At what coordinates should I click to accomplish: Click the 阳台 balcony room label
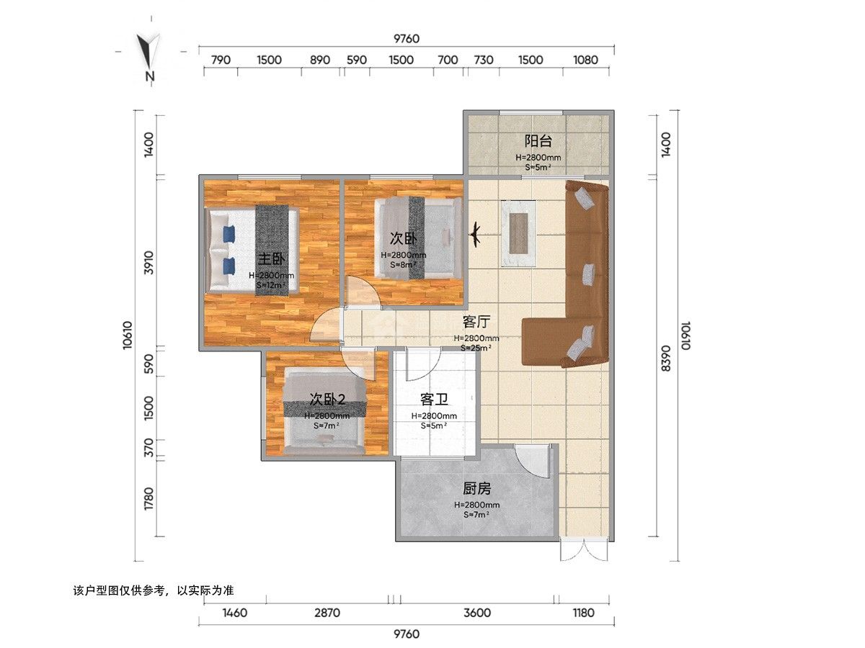pyautogui.click(x=538, y=141)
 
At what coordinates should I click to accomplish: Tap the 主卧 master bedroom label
pyautogui.click(x=272, y=259)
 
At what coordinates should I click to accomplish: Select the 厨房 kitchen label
pyautogui.click(x=476, y=489)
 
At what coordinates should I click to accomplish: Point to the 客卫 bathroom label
pyautogui.click(x=434, y=400)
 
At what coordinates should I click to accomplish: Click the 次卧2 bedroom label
pyautogui.click(x=327, y=400)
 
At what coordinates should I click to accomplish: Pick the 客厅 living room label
pyautogui.click(x=476, y=322)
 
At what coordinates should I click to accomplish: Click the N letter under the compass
pyautogui.click(x=149, y=76)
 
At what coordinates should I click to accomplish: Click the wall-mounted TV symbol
pyautogui.click(x=475, y=235)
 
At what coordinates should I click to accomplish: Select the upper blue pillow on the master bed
pyautogui.click(x=229, y=234)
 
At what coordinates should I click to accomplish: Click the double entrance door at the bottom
pyautogui.click(x=585, y=549)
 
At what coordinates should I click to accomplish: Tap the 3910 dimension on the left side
pyautogui.click(x=148, y=263)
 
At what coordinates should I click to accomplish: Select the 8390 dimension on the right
pyautogui.click(x=665, y=358)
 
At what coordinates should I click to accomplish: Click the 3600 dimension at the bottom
pyautogui.click(x=477, y=613)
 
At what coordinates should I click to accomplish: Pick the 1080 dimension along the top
pyautogui.click(x=585, y=60)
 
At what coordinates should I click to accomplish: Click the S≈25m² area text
pyautogui.click(x=476, y=348)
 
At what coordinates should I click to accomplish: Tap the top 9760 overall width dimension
pyautogui.click(x=407, y=39)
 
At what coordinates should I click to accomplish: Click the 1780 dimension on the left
pyautogui.click(x=148, y=499)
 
